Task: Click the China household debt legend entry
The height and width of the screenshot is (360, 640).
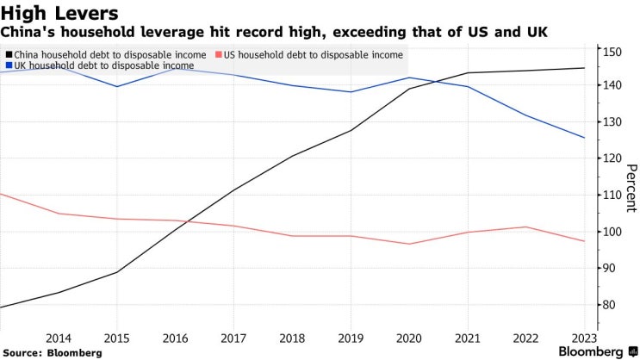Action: pyautogui.click(x=108, y=54)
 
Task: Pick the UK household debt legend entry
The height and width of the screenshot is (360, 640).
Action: pyautogui.click(x=103, y=65)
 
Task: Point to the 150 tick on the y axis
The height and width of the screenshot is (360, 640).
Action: pyautogui.click(x=612, y=52)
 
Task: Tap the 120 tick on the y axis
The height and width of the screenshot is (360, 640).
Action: pyautogui.click(x=612, y=158)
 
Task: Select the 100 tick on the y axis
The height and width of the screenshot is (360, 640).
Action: pyautogui.click(x=612, y=232)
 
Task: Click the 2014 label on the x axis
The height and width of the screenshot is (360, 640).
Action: pyautogui.click(x=59, y=338)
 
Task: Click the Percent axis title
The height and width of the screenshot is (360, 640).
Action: pyautogui.click(x=631, y=188)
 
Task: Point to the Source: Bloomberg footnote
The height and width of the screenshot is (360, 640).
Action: pyautogui.click(x=53, y=353)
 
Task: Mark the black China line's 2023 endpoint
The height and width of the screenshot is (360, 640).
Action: pyautogui.click(x=585, y=68)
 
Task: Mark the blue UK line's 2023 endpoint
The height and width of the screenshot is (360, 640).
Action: pyautogui.click(x=585, y=138)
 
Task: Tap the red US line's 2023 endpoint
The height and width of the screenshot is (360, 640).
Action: pyautogui.click(x=585, y=241)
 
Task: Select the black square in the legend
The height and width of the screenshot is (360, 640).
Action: pyautogui.click(x=8, y=54)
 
